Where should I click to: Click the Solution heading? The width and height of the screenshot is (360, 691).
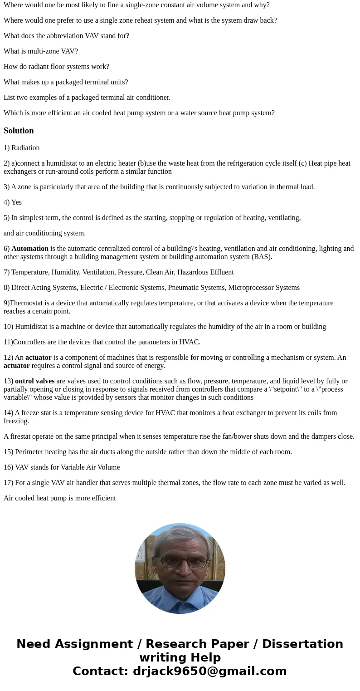click(x=19, y=131)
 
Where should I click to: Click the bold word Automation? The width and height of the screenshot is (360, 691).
click(x=30, y=249)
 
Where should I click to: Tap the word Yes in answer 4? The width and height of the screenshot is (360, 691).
click(x=16, y=202)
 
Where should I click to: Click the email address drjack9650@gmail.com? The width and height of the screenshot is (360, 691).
click(x=209, y=671)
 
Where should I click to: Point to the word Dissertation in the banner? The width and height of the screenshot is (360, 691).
click(x=302, y=644)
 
